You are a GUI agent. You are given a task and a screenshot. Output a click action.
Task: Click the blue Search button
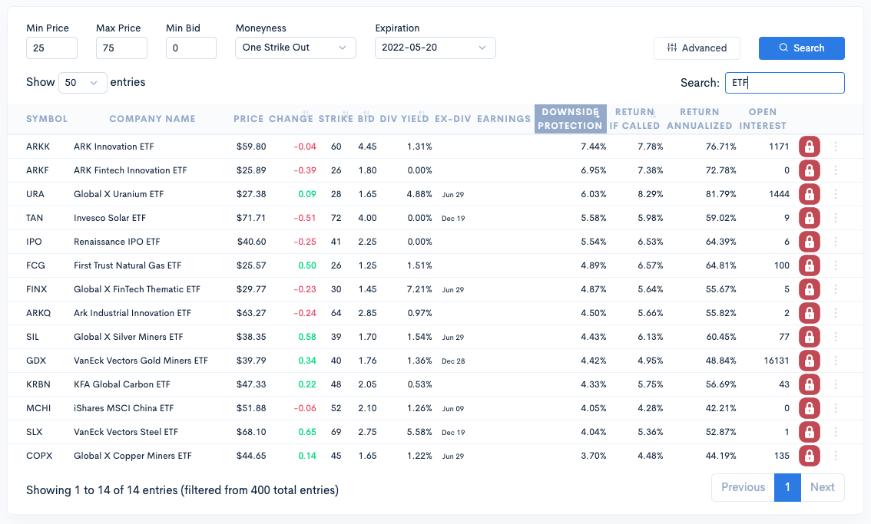tap(801, 48)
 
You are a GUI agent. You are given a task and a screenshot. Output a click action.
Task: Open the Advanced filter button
tap(697, 48)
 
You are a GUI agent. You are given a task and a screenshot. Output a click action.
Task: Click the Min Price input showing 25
tap(51, 48)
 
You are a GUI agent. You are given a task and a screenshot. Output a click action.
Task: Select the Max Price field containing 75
tap(121, 48)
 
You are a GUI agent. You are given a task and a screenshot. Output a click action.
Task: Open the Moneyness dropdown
tap(296, 48)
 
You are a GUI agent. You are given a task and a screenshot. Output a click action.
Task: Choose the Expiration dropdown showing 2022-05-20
tap(435, 48)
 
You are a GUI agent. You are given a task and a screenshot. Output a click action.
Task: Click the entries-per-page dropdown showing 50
tap(82, 82)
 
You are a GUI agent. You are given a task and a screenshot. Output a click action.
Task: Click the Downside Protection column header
tap(570, 119)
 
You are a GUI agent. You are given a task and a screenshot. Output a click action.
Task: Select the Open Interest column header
tap(762, 119)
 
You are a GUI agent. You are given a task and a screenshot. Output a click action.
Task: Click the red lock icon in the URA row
tap(809, 194)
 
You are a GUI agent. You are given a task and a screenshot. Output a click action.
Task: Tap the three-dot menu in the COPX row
tap(836, 456)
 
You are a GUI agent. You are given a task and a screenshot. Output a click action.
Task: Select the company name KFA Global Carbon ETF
tap(122, 384)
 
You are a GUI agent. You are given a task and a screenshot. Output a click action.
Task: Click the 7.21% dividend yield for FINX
tap(419, 289)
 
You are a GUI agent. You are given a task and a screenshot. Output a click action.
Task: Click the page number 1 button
tap(787, 487)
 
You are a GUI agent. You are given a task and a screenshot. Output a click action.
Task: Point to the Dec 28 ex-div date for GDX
tap(453, 361)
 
